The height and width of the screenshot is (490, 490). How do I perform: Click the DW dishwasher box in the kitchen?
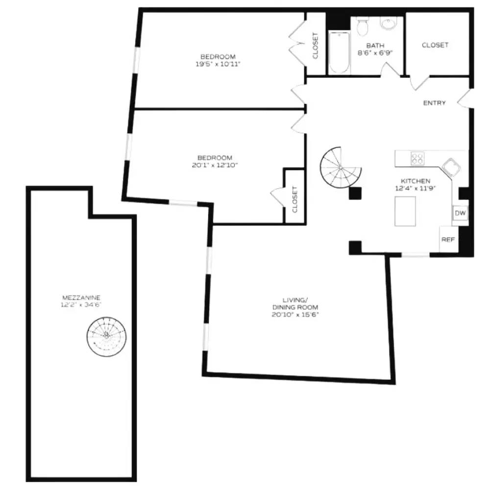point(460,213)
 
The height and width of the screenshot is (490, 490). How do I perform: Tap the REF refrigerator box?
point(447,240)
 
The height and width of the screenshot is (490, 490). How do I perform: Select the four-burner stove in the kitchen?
point(417,159)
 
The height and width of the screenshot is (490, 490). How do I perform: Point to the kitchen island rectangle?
point(405,211)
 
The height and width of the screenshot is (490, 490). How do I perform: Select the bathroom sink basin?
point(389,24)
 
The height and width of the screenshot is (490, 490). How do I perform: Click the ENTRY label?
point(435,103)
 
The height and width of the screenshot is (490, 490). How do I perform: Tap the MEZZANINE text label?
point(82,297)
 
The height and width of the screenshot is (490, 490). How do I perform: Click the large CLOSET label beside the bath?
point(435,45)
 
